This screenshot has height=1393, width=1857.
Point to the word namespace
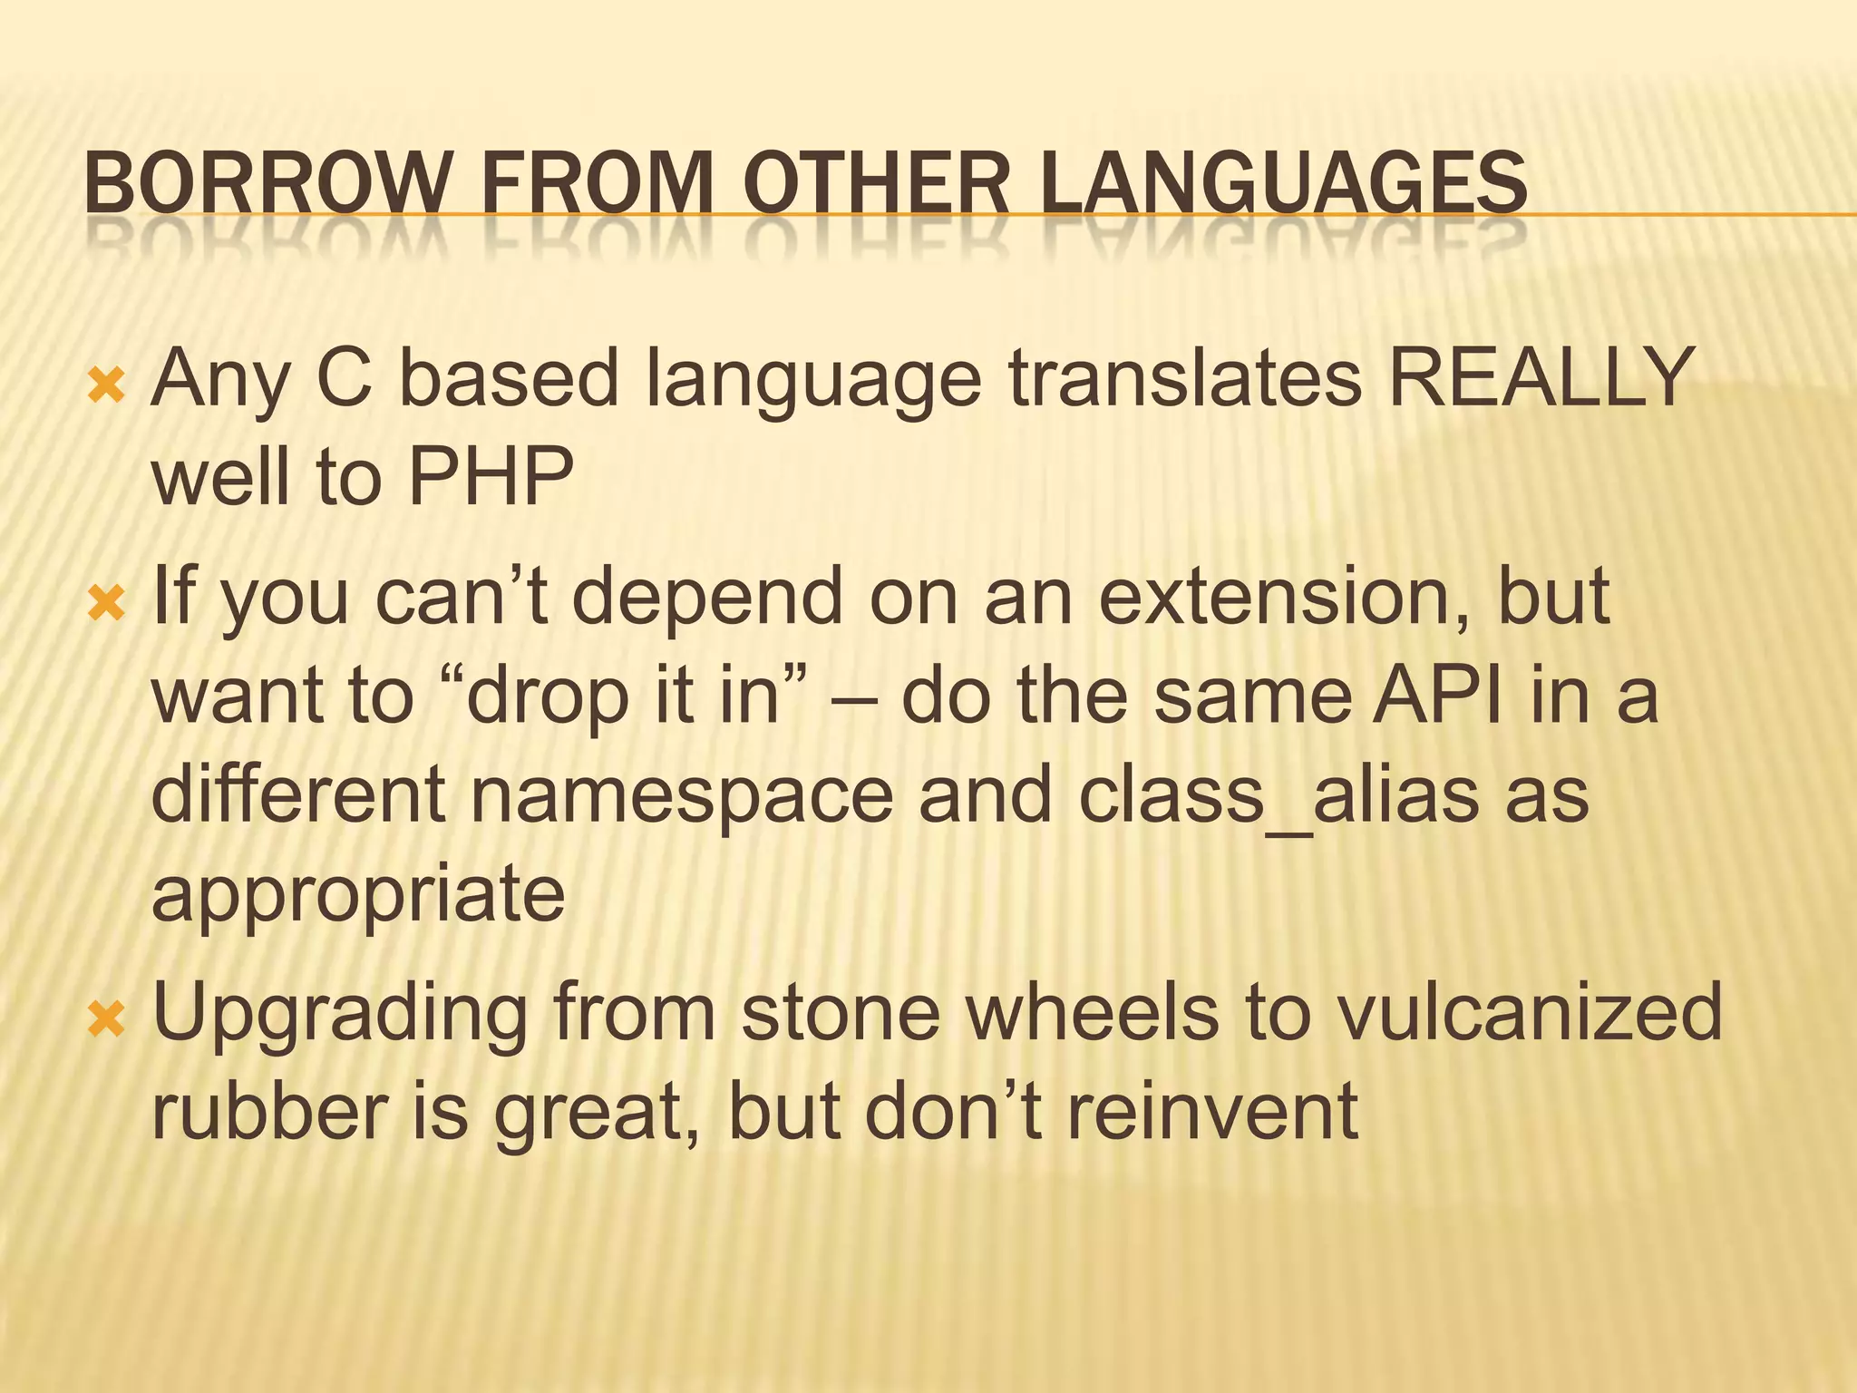pos(681,795)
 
